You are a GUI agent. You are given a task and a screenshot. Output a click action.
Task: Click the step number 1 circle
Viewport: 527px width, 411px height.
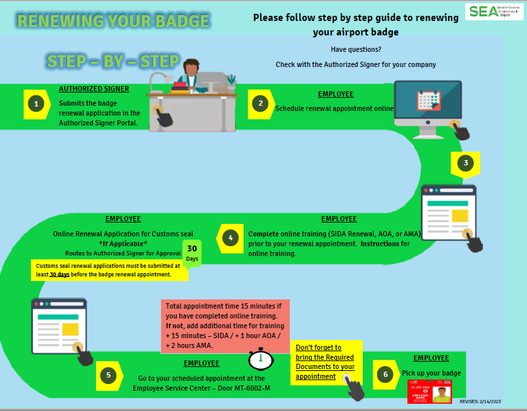click(x=37, y=103)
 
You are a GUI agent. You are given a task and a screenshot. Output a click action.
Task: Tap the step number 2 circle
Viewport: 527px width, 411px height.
click(x=261, y=103)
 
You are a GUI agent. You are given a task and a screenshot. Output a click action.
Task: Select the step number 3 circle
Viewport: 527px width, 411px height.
click(x=466, y=163)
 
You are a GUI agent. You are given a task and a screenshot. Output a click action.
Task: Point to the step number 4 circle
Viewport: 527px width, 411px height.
click(x=230, y=237)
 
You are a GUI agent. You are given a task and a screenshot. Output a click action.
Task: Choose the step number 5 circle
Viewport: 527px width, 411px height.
click(x=108, y=376)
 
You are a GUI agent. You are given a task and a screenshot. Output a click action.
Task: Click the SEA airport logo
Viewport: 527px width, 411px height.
click(x=493, y=11)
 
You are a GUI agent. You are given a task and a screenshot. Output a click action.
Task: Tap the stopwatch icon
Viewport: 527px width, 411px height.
click(x=261, y=359)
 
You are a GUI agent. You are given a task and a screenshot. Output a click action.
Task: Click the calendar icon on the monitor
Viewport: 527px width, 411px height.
click(x=428, y=100)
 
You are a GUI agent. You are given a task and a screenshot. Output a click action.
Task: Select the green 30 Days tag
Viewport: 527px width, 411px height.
click(x=192, y=253)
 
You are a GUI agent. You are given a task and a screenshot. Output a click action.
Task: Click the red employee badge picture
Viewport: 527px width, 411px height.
click(x=430, y=392)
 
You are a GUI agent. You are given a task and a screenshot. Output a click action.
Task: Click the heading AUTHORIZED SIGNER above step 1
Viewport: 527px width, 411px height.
click(x=94, y=89)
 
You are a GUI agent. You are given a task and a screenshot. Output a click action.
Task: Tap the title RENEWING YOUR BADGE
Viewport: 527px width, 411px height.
click(x=113, y=21)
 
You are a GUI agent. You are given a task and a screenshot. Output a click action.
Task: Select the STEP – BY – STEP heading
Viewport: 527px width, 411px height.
click(x=113, y=62)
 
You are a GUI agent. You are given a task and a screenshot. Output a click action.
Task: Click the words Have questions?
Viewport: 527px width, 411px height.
click(x=355, y=50)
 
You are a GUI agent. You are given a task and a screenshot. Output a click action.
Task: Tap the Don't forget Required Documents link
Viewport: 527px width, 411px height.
click(x=325, y=362)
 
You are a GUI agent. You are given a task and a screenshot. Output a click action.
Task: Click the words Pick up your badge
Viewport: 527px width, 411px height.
click(x=431, y=373)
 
